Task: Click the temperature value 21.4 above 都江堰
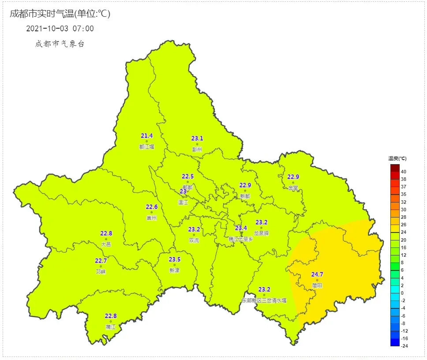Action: click(147, 135)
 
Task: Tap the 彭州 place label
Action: click(197, 150)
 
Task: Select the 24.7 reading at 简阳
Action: click(317, 274)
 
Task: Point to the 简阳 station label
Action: click(317, 285)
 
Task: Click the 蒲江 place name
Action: click(110, 327)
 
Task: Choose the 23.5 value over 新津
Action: click(175, 259)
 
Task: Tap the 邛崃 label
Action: click(101, 272)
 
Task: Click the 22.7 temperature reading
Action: click(101, 261)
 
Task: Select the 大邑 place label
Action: click(106, 244)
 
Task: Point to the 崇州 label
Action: click(152, 218)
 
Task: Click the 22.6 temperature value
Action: click(152, 207)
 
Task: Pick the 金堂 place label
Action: click(293, 188)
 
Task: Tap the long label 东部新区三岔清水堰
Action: click(264, 300)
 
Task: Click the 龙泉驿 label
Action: click(261, 233)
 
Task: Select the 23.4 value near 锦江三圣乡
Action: click(241, 228)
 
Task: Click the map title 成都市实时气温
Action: click(60, 14)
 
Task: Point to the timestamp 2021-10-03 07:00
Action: click(60, 29)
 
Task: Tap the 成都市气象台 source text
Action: click(60, 44)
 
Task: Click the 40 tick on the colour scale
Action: click(404, 172)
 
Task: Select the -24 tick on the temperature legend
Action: click(404, 346)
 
